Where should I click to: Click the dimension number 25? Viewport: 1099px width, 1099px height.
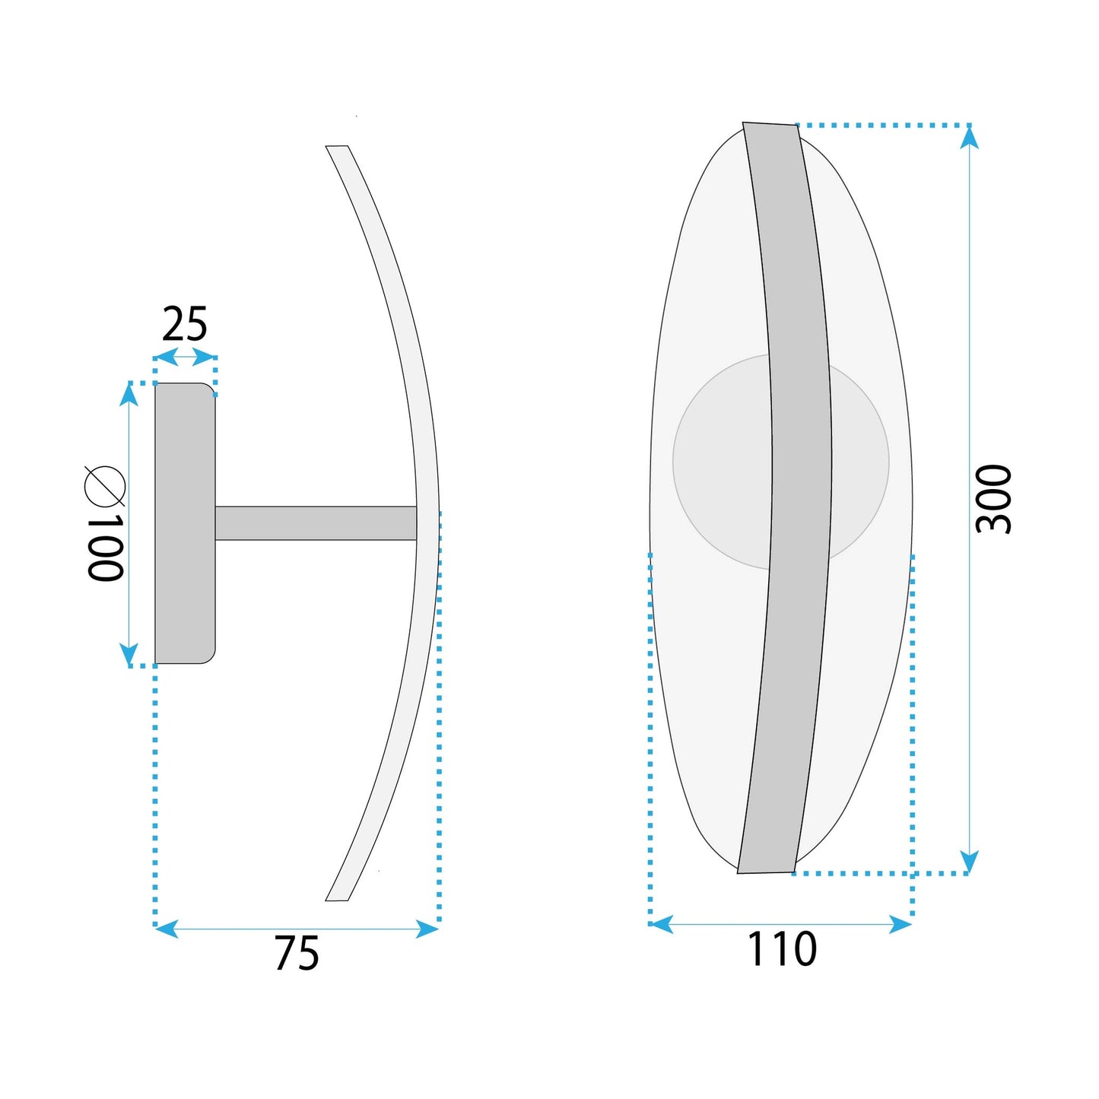point(185,325)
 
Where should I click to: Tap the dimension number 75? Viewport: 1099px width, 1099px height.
point(297,953)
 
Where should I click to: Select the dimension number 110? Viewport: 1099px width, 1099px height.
point(782,949)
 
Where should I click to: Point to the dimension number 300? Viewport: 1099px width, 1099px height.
point(993,499)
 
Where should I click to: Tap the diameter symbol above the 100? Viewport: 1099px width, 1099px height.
point(105,485)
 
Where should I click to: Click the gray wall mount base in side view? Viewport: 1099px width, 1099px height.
point(185,523)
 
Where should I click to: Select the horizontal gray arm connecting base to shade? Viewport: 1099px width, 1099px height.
point(316,523)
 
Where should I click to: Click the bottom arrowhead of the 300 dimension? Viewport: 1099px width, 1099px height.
point(968,862)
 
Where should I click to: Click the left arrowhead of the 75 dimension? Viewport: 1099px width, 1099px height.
point(166,928)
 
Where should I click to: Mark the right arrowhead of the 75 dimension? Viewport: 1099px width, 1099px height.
point(428,928)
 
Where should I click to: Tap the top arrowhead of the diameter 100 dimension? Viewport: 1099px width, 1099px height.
point(129,395)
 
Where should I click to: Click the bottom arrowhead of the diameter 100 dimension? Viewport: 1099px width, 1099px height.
point(129,654)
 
